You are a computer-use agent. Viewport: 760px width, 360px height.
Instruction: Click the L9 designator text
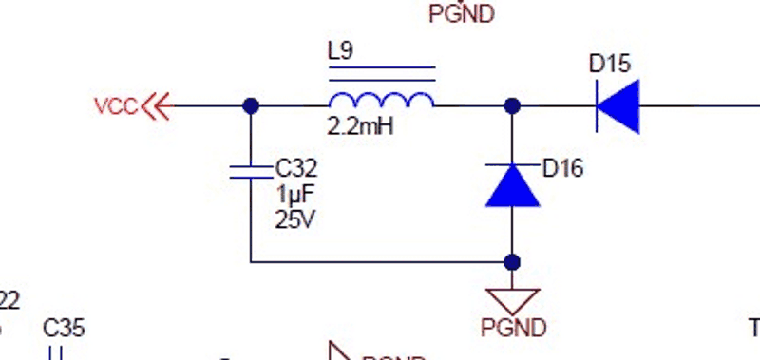[x=340, y=51]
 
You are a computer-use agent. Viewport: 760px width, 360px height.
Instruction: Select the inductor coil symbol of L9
[x=381, y=99]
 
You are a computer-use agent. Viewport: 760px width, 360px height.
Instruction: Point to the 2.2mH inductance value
[x=360, y=125]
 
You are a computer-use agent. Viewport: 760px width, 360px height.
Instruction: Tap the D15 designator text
[x=609, y=65]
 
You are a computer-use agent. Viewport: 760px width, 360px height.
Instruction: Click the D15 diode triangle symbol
[x=617, y=105]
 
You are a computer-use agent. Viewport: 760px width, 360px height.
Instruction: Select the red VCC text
[x=116, y=105]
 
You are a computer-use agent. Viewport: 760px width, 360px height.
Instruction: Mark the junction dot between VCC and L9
[x=250, y=105]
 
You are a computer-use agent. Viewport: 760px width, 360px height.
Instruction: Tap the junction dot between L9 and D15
[x=512, y=105]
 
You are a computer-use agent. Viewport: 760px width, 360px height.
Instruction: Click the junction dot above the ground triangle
[x=512, y=261]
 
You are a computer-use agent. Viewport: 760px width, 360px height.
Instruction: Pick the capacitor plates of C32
[x=250, y=171]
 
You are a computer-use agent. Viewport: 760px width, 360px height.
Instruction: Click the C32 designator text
[x=296, y=169]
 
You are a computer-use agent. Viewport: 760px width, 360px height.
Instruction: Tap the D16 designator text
[x=562, y=169]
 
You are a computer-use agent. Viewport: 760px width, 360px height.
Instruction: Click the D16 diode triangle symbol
[x=512, y=185]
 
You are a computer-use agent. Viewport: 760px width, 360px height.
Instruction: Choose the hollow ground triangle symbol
[x=512, y=300]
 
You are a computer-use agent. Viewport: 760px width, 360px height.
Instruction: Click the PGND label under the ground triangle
[x=513, y=329]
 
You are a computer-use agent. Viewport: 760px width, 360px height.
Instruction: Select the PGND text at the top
[x=462, y=15]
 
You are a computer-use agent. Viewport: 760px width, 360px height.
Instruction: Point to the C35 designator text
[x=64, y=329]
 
